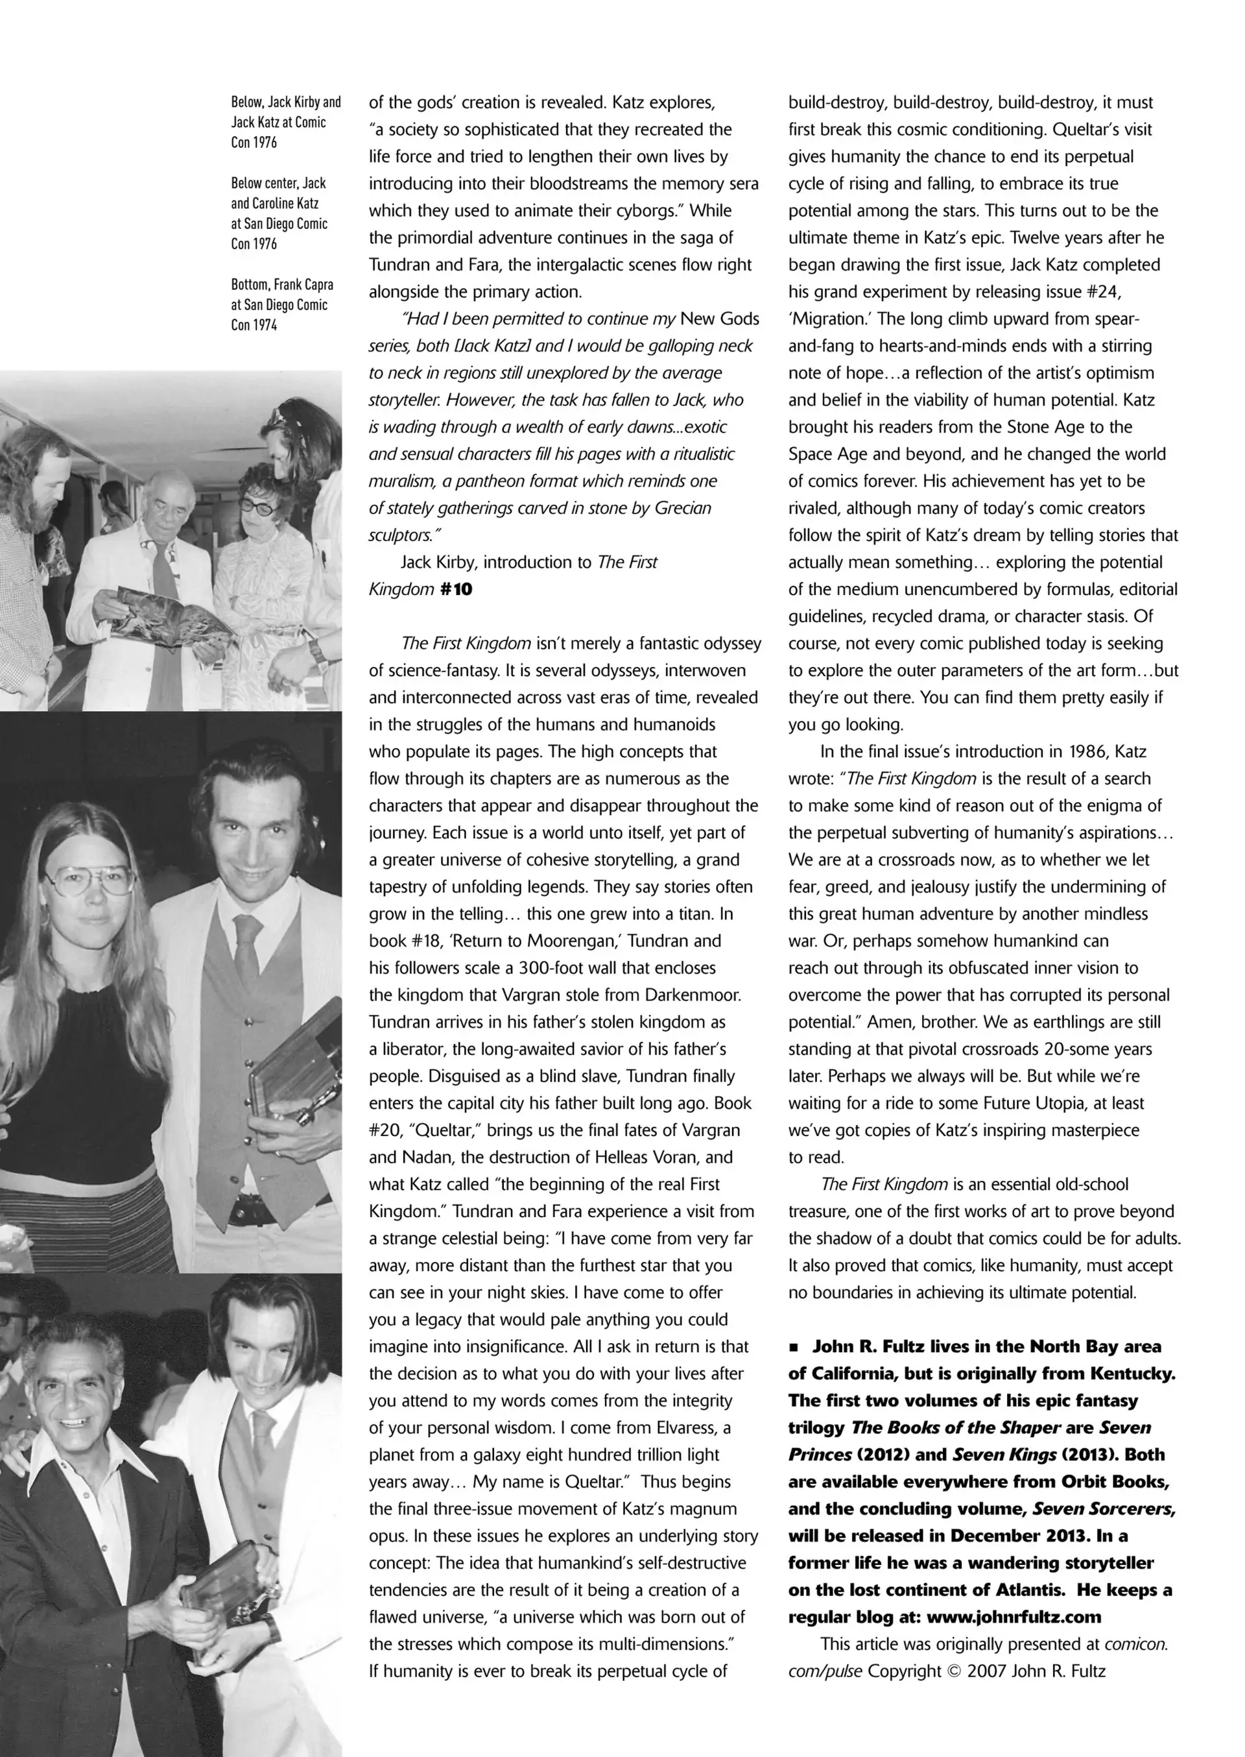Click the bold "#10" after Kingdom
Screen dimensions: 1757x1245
coord(456,590)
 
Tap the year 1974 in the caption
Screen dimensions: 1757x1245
coord(266,325)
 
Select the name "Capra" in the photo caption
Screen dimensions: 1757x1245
coord(315,285)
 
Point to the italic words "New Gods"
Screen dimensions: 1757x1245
coord(719,319)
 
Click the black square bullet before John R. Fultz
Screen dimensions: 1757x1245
coord(794,1348)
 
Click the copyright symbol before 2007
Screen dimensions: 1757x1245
coord(953,1671)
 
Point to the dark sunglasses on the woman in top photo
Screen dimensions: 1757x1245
coord(258,505)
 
